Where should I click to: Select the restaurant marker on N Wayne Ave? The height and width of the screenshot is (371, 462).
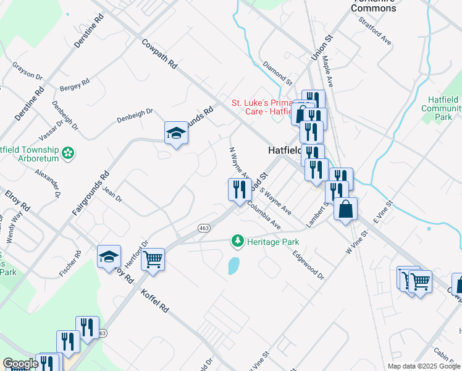(x=238, y=189)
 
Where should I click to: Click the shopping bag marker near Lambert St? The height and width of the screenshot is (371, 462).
(x=346, y=208)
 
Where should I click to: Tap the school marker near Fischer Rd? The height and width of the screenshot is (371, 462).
(x=109, y=257)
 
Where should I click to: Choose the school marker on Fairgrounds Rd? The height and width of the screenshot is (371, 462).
(x=176, y=132)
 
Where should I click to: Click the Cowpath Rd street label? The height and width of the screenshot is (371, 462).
(x=159, y=54)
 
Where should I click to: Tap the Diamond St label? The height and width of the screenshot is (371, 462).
(x=276, y=72)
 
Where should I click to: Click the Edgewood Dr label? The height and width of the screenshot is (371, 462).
(x=308, y=264)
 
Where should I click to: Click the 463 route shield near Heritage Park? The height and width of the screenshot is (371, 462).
(x=204, y=228)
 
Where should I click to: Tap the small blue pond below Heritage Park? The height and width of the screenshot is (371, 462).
(x=234, y=266)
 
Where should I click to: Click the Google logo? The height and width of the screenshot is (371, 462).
(x=20, y=364)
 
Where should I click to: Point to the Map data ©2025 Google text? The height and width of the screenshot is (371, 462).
(x=423, y=366)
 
